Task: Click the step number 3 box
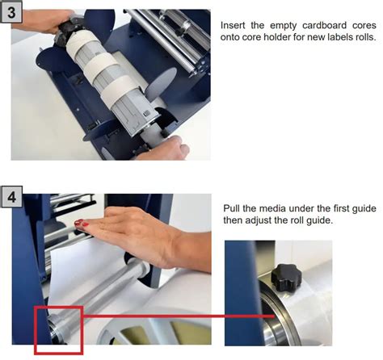click(x=11, y=12)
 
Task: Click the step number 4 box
click(x=11, y=196)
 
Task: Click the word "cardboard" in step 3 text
click(x=324, y=26)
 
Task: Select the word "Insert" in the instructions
click(x=233, y=26)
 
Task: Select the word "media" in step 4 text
click(x=269, y=208)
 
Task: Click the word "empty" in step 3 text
click(x=283, y=27)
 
